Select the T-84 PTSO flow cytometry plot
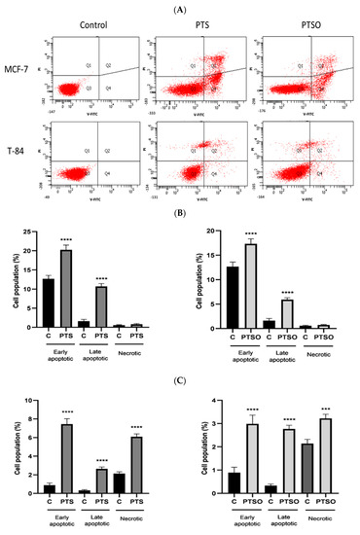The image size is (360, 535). point(291,151)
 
